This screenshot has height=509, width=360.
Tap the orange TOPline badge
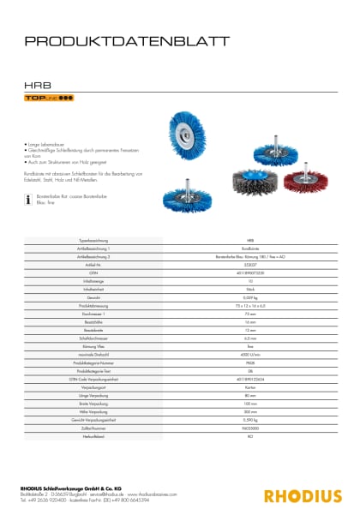pos(48,100)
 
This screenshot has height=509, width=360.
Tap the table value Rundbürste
pos(249,249)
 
